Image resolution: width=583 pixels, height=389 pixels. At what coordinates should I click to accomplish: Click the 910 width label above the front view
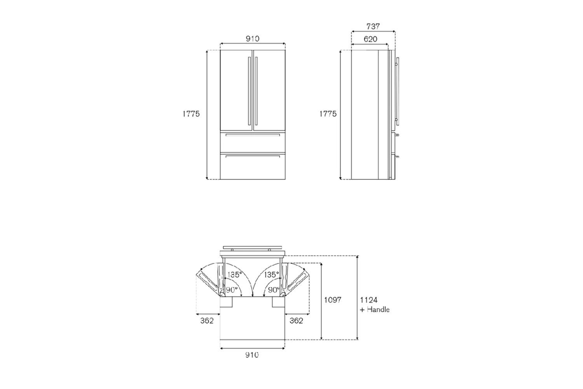coord(252,39)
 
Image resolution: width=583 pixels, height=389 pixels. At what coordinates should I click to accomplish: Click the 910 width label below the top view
coord(252,355)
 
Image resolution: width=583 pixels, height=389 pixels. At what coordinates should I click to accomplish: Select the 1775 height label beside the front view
coord(191,114)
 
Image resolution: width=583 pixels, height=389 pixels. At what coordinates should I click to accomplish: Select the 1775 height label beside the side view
coord(328,114)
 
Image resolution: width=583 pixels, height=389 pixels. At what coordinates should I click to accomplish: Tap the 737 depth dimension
coord(373,26)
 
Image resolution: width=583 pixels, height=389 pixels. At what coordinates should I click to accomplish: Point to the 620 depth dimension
coord(370,39)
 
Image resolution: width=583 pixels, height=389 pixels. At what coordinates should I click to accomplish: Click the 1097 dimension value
coord(333,300)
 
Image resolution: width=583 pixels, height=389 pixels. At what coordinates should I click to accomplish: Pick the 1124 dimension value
coord(368,300)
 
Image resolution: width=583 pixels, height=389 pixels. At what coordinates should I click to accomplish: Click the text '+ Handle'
coord(375,310)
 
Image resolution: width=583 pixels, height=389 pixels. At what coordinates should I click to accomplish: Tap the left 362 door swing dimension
coord(207,321)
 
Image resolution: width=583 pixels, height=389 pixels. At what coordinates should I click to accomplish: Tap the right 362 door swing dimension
coord(296,321)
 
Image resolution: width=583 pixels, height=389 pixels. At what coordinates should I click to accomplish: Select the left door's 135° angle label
coord(234,275)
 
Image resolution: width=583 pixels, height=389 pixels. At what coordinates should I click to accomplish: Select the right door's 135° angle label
coord(271,275)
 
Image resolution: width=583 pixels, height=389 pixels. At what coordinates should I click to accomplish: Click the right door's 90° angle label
coord(274,290)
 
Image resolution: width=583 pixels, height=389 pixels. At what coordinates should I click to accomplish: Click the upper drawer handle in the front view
coord(252,135)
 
